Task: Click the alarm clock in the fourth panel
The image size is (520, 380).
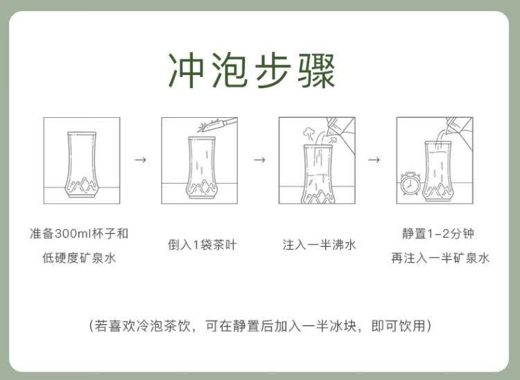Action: coord(410,183)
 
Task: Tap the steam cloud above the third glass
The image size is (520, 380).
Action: coord(309,132)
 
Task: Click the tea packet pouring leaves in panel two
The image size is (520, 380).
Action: coord(217,125)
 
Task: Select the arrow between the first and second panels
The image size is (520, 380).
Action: coord(140,159)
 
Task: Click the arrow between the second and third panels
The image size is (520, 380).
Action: coord(259,159)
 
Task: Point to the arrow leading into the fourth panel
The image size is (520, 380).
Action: coord(374,159)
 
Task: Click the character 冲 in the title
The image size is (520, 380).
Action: coord(187,70)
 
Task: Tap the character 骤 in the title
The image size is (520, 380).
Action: coord(316,70)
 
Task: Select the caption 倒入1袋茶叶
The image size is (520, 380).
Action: coord(202,245)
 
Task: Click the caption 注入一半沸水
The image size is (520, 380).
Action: coord(319,245)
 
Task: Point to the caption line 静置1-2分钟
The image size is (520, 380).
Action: coord(437,234)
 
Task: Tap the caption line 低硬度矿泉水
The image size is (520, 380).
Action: coord(79,258)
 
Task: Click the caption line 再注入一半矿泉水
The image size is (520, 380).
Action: coord(440,258)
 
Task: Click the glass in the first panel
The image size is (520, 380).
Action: coord(82,164)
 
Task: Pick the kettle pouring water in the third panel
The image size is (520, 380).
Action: coord(341,132)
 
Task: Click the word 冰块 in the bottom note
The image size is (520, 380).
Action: coord(343,326)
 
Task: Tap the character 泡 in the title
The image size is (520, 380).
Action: coord(229,70)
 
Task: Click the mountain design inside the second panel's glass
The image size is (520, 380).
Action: coord(202,187)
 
